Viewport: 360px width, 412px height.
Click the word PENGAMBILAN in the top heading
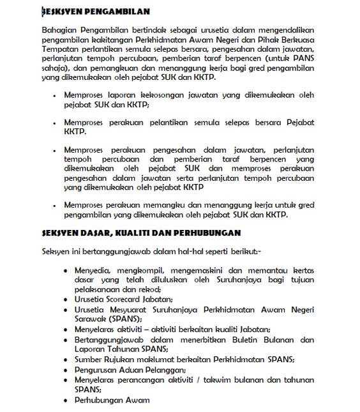click(x=117, y=11)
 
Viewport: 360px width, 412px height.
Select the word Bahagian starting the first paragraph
click(x=57, y=29)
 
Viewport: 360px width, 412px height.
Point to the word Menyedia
click(x=93, y=270)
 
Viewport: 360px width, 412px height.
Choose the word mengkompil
click(x=140, y=270)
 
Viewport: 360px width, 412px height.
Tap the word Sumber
click(x=89, y=360)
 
